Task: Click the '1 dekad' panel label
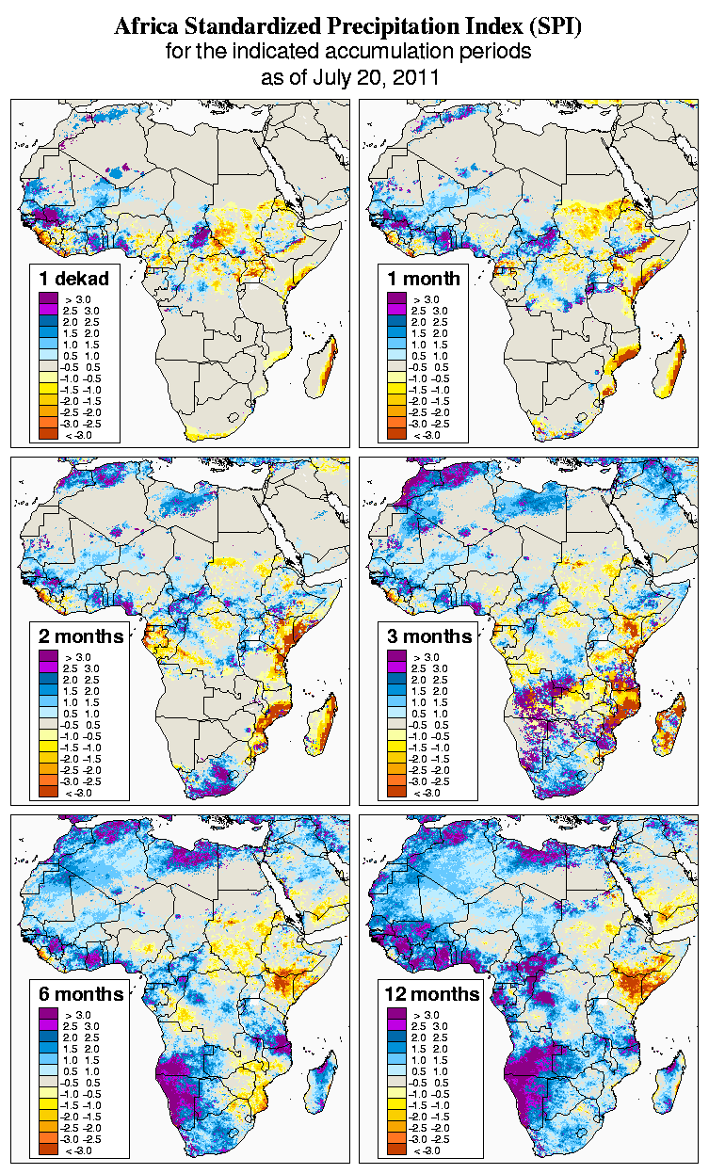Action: coord(74,278)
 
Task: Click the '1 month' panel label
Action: coord(424,278)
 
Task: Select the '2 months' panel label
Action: coord(81,636)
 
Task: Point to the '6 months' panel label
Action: coord(81,994)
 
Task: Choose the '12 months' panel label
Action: coord(432,994)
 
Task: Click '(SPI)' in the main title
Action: coord(556,27)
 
